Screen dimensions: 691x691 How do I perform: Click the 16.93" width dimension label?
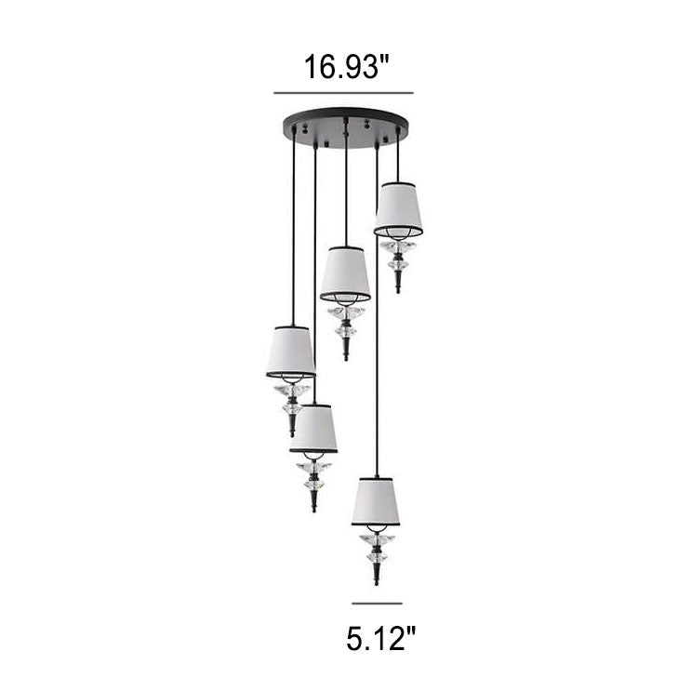[x=346, y=67]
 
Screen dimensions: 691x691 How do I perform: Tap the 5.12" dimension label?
[x=380, y=639]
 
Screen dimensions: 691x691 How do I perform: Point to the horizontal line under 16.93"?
[x=343, y=93]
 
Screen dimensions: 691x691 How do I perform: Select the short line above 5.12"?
[x=377, y=604]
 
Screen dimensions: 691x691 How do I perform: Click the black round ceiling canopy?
[x=346, y=127]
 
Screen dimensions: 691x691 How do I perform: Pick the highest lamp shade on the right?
[x=398, y=209]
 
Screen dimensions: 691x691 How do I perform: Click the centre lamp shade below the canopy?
[x=346, y=273]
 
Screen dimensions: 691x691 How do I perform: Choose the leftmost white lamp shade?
[x=291, y=352]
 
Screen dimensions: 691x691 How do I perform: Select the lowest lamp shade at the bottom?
[x=376, y=501]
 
